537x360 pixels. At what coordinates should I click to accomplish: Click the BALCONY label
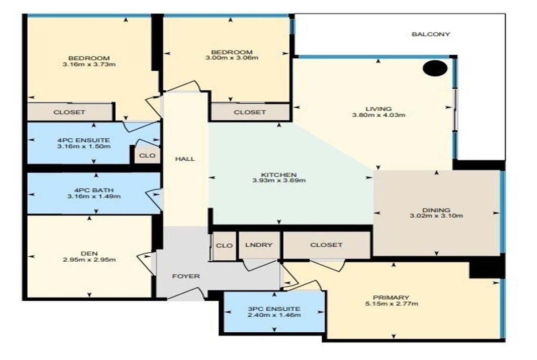point(430,34)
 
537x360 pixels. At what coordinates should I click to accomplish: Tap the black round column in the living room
point(435,68)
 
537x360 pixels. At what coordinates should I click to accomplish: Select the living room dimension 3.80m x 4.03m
point(379,115)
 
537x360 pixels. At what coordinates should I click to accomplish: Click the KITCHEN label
point(279,174)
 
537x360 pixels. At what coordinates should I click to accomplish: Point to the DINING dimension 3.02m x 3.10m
point(436,216)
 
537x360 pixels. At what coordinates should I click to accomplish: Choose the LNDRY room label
point(259,245)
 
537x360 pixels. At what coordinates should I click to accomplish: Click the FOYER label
point(186,276)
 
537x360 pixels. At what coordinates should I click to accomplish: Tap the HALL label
point(185,159)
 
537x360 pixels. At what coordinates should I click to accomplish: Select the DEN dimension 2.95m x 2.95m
point(89,259)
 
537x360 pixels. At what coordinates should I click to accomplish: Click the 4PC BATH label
point(94,190)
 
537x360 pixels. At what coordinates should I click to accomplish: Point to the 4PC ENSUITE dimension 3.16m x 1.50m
point(84,146)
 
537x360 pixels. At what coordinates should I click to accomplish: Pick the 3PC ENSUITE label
point(274,309)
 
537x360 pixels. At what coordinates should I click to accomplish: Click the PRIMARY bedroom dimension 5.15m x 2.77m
point(392,304)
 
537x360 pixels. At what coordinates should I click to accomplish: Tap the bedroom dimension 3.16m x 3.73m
point(89,64)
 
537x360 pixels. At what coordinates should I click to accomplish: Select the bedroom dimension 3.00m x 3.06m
point(232,58)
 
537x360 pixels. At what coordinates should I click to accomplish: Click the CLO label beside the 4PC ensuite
point(147,156)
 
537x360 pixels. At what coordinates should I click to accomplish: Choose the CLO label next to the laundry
point(224,246)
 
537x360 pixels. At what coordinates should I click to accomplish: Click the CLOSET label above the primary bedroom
point(326,245)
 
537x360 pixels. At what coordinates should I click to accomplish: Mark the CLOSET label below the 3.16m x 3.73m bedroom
point(69,112)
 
